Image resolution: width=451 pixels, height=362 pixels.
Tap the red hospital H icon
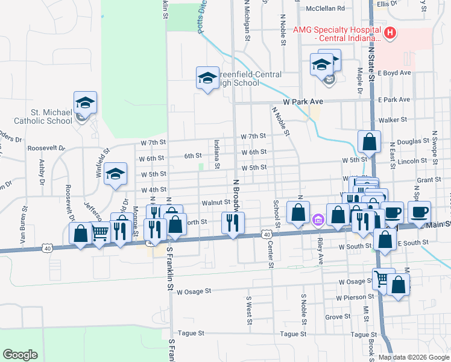pos(390,33)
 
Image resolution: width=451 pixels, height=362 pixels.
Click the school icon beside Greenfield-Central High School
pos(207,78)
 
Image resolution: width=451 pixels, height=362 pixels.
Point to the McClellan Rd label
pos(325,8)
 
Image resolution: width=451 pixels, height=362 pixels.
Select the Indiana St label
pos(216,154)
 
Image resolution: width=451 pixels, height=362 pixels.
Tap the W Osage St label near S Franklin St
pos(194,291)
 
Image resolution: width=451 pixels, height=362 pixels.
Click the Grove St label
pos(338,316)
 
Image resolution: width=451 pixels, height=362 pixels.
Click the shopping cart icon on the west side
pos(101,231)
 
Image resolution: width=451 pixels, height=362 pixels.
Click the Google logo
pos(20,355)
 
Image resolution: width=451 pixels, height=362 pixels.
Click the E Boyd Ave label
pos(394,72)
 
